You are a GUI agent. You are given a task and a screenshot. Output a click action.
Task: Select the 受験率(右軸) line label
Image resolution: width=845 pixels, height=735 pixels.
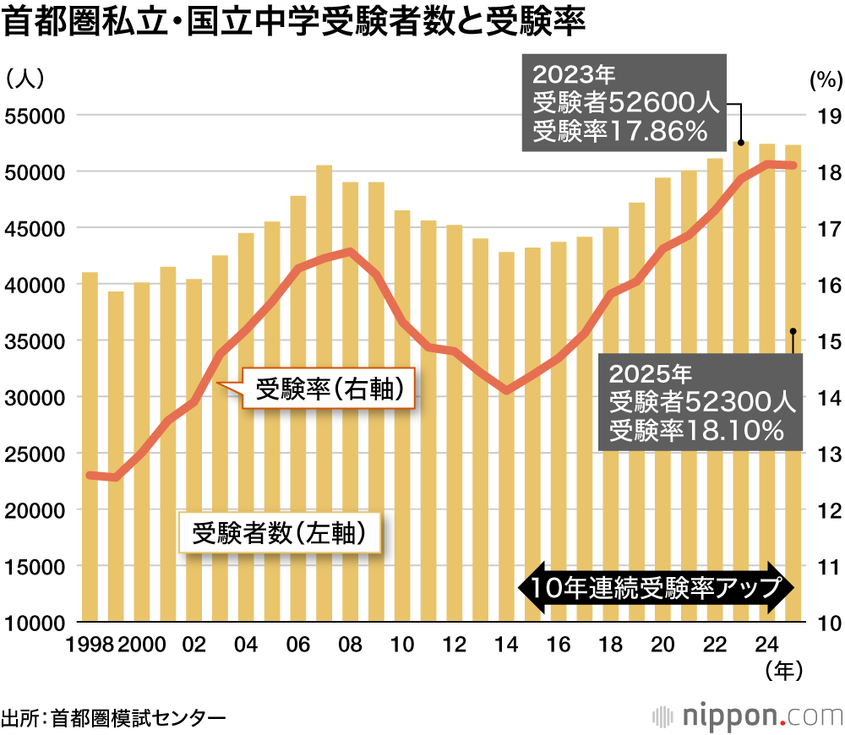tap(324, 389)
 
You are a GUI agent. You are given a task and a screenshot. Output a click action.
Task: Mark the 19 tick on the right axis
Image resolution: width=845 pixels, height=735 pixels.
tap(826, 116)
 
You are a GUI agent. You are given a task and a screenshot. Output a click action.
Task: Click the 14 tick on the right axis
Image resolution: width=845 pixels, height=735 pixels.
tap(826, 397)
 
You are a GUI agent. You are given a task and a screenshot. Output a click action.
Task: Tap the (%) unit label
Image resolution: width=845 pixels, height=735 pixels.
tap(826, 81)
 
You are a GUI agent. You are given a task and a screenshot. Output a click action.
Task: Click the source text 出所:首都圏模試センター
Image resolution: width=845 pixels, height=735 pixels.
tap(114, 718)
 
